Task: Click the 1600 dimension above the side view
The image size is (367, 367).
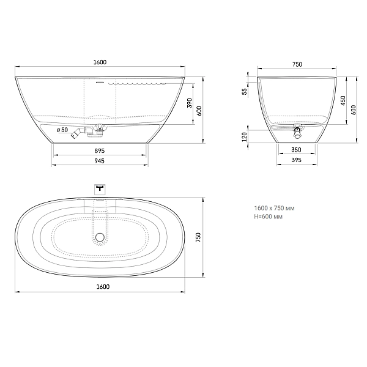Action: pyautogui.click(x=100, y=62)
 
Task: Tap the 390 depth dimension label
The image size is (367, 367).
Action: pyautogui.click(x=190, y=103)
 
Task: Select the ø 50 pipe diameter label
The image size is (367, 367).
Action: pyautogui.click(x=62, y=130)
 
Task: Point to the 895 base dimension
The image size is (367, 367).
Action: pyautogui.click(x=100, y=151)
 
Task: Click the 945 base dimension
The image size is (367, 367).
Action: pyautogui.click(x=100, y=161)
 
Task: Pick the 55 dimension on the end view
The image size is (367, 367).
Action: pyautogui.click(x=244, y=91)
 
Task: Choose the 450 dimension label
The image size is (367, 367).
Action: pyautogui.click(x=343, y=101)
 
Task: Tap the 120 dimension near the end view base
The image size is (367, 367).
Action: pyautogui.click(x=244, y=137)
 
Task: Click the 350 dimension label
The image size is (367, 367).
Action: pyautogui.click(x=296, y=150)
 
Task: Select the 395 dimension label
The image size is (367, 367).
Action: pyautogui.click(x=296, y=160)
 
